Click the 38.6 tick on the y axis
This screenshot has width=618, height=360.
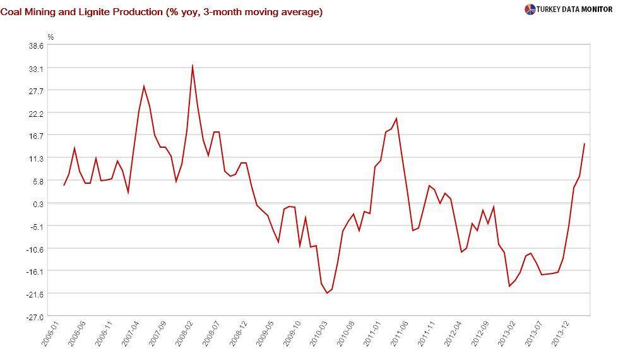coord(35,45)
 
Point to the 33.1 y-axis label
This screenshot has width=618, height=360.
coord(35,68)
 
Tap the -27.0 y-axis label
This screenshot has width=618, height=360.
coord(35,316)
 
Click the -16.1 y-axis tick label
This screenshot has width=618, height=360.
coord(35,271)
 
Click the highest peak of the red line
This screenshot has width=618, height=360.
coord(192,65)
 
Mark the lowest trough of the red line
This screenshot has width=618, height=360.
coord(327,293)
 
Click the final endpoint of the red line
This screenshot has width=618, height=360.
coord(585,143)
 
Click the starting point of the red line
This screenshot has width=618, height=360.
coord(64,185)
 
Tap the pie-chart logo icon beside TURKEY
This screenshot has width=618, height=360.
coord(530,9)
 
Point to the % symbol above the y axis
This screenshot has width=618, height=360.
coord(51,37)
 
